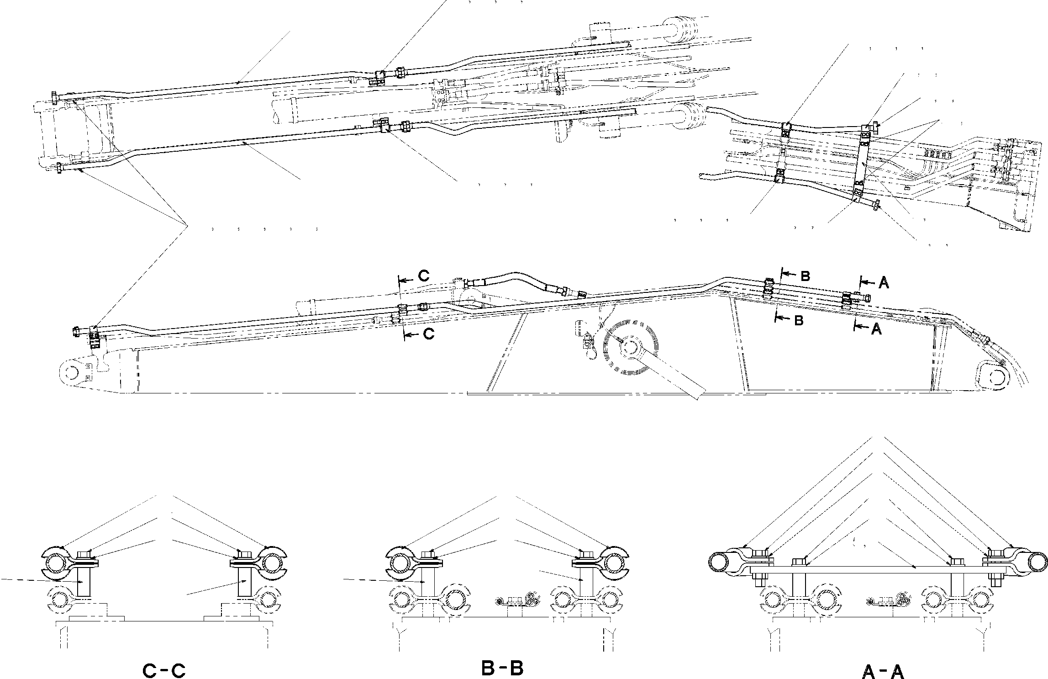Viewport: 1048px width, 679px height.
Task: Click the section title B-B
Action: pos(502,668)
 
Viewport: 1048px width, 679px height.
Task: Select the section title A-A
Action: pos(882,671)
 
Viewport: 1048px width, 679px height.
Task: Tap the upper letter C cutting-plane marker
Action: pos(424,276)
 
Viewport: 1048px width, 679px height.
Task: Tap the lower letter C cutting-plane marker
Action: pos(428,334)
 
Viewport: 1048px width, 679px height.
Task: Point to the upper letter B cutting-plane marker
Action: pos(805,276)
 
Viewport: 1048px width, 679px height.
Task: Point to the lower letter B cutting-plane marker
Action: pos(798,320)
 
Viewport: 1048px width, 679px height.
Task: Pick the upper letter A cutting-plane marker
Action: pos(884,283)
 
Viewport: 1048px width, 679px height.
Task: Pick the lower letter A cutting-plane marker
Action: pos(876,329)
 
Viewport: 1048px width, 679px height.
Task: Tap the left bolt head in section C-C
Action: pos(84,554)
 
